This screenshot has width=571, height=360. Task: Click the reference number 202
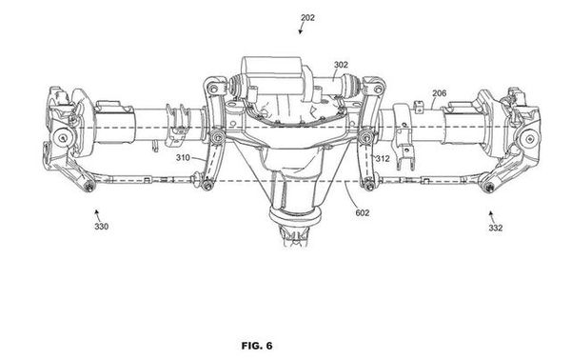307,17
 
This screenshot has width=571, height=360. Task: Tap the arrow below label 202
301,29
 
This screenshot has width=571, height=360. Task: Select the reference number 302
341,65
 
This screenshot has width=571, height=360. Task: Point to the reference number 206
439,93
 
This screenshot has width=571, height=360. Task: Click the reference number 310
183,158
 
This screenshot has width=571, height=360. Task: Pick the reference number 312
383,158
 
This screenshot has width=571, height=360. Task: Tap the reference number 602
363,212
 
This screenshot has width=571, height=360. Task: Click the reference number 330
101,227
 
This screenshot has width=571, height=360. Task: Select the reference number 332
496,229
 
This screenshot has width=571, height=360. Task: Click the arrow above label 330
97,214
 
